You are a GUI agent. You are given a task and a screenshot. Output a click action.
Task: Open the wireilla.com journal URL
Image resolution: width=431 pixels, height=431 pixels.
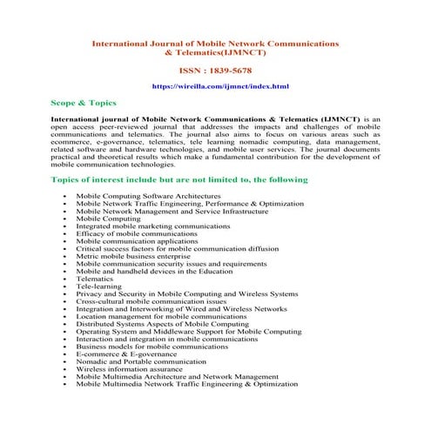pos(215,88)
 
